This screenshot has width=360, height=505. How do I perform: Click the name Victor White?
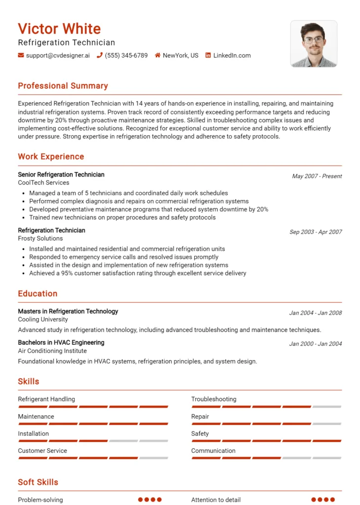click(x=59, y=29)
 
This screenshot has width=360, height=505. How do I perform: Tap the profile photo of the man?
click(x=313, y=44)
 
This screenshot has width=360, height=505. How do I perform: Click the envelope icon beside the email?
click(x=21, y=56)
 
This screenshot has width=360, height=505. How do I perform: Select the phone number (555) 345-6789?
click(x=126, y=56)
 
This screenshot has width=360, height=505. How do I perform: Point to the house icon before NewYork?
click(x=158, y=56)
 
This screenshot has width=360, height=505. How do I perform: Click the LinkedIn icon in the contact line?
click(x=208, y=56)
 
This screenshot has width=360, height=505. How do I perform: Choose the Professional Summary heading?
click(x=63, y=86)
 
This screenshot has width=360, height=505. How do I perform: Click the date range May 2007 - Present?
click(x=317, y=176)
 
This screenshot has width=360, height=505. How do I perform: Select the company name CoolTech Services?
click(x=43, y=182)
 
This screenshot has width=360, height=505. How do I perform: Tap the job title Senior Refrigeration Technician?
click(x=61, y=175)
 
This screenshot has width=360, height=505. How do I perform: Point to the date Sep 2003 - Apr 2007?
click(x=316, y=232)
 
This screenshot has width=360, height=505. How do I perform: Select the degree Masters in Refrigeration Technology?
click(x=68, y=311)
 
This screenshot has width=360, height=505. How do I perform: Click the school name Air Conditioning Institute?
click(x=52, y=351)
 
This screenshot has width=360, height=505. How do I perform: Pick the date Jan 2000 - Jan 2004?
click(x=316, y=344)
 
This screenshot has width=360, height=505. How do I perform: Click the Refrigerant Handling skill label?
click(x=46, y=399)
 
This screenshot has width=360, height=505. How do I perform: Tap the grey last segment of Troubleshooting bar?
click(x=326, y=407)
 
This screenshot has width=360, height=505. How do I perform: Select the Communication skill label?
click(x=213, y=450)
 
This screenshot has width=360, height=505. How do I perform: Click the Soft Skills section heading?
click(x=38, y=482)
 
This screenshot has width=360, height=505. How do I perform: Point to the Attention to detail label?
click(x=216, y=500)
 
